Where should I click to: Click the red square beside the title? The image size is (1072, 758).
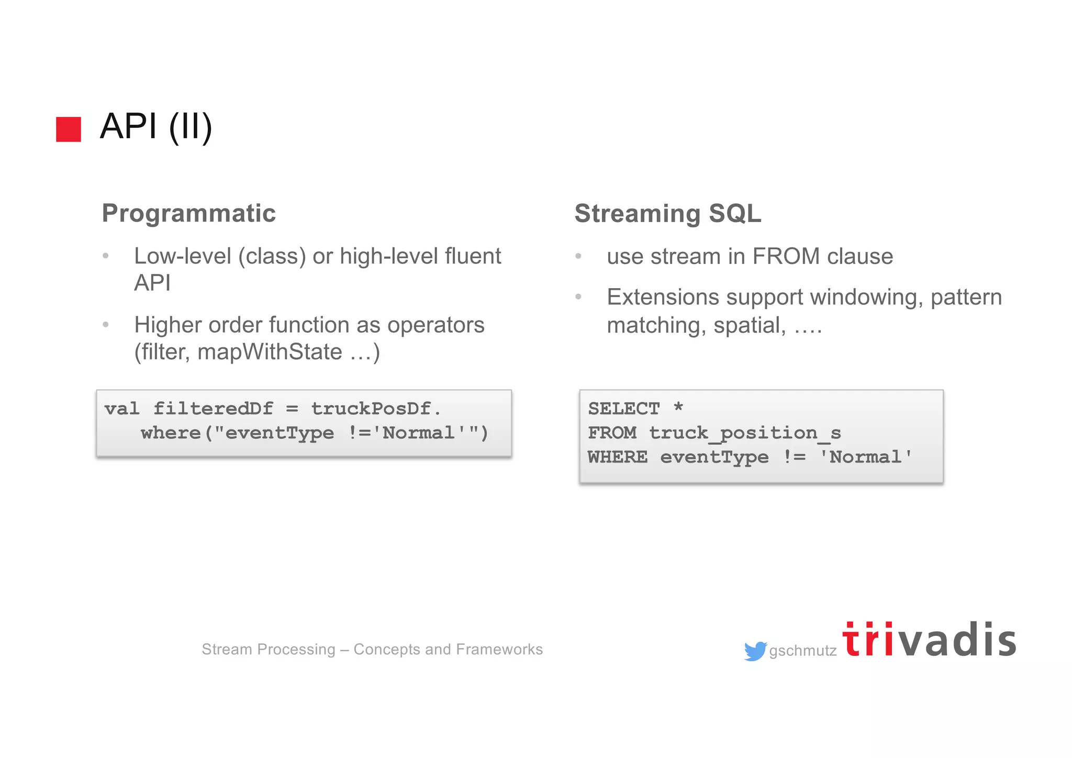(69, 129)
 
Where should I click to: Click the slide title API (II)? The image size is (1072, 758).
(156, 126)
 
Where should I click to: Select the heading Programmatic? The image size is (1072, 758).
(188, 213)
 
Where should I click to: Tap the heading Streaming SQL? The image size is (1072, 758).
(667, 213)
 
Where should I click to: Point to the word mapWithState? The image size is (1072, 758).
(270, 351)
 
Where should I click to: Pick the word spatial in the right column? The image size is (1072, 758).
(749, 325)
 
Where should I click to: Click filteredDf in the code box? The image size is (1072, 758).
(213, 408)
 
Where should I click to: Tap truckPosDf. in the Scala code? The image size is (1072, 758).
(376, 408)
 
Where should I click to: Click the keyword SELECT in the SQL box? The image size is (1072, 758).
(623, 408)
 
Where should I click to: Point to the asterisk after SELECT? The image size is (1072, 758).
(678, 407)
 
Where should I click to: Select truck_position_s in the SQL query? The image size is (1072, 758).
(745, 433)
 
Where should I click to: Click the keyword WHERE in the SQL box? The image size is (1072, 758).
(617, 457)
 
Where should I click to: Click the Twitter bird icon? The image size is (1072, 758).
(755, 651)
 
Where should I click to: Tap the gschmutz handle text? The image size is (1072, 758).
(802, 651)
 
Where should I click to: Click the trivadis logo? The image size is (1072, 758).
(929, 640)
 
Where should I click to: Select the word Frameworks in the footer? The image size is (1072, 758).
(499, 649)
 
